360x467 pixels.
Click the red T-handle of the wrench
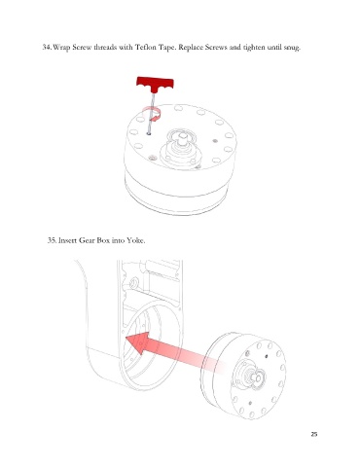tap(155, 84)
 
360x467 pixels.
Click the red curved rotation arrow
tap(153, 114)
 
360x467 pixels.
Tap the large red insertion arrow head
tap(139, 342)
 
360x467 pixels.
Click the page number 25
tap(314, 434)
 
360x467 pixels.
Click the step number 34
tap(47, 48)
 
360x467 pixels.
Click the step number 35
tap(53, 240)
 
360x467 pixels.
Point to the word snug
tap(292, 48)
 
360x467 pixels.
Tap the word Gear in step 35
tap(87, 240)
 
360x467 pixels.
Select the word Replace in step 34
tap(191, 48)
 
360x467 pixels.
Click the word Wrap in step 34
tap(61, 48)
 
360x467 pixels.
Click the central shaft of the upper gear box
tap(182, 138)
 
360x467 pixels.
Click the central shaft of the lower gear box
tap(257, 377)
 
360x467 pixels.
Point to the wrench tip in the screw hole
tap(149, 133)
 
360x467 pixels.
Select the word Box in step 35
tap(103, 240)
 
